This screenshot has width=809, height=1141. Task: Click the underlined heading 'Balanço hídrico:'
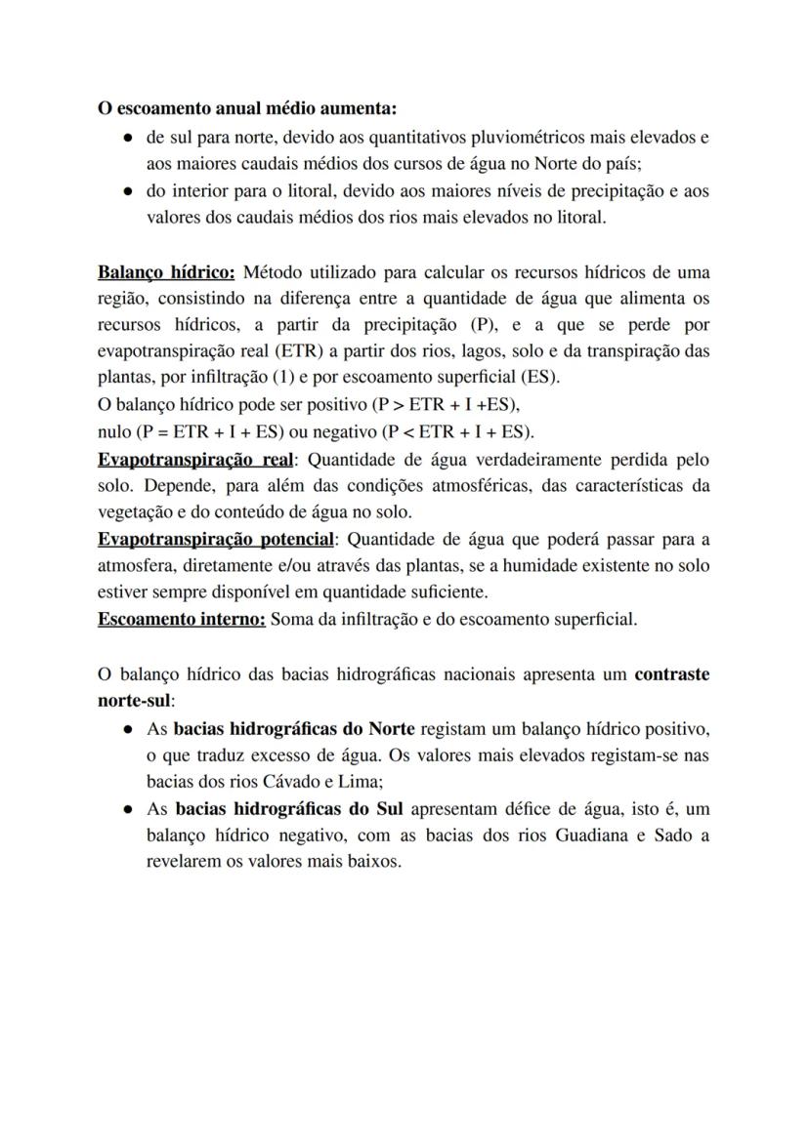(166, 271)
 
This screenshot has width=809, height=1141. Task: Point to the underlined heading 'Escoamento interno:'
(181, 619)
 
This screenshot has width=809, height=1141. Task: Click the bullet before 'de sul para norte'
(127, 139)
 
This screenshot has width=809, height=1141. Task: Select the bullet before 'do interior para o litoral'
(127, 192)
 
